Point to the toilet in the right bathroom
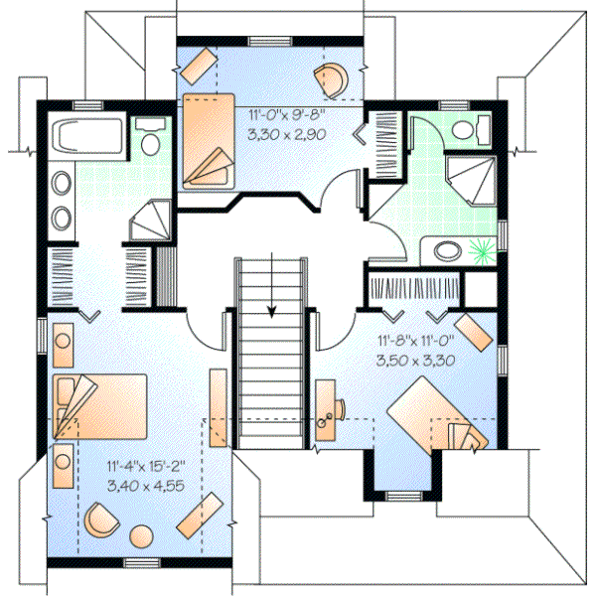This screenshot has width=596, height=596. [473, 128]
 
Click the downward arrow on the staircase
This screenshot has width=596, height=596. [271, 309]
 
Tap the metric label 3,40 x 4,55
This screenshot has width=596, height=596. [144, 486]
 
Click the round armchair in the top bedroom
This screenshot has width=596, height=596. [330, 77]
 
